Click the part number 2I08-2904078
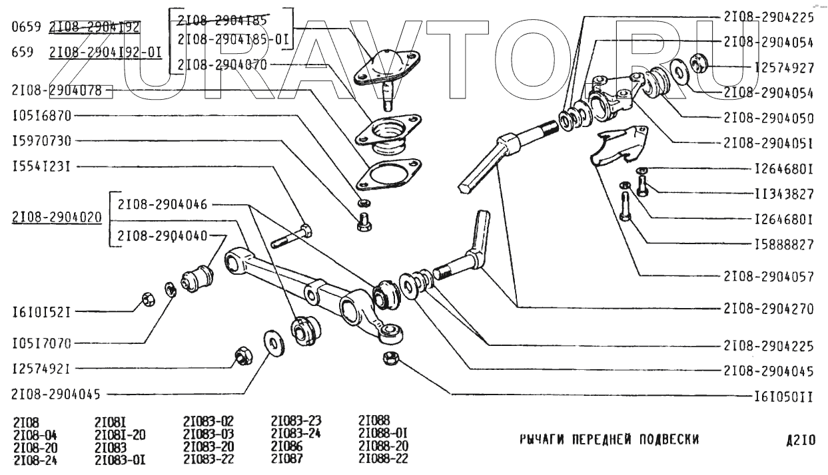[57, 90]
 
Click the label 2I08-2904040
[162, 236]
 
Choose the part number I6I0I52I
[41, 311]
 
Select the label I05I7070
[41, 343]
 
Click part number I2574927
[784, 67]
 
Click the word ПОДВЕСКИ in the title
[663, 440]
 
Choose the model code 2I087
[286, 459]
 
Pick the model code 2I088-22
[383, 459]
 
